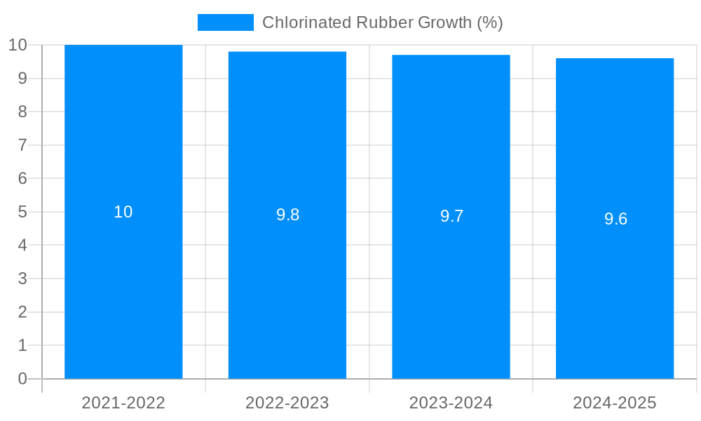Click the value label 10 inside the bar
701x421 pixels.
[x=123, y=212]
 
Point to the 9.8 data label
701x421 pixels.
[x=287, y=215]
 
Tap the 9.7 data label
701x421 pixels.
[x=451, y=217]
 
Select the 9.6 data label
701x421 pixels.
[x=615, y=219]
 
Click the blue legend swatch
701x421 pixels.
[x=225, y=22]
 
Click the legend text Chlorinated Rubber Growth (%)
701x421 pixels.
[x=383, y=22]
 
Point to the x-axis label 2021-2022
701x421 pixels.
[x=123, y=403]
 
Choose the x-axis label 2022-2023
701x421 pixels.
[x=287, y=403]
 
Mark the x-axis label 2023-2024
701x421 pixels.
[x=451, y=403]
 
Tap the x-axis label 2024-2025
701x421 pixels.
[x=615, y=403]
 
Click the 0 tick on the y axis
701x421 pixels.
[x=22, y=379]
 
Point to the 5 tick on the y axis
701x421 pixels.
[x=22, y=212]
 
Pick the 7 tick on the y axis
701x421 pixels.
[x=22, y=145]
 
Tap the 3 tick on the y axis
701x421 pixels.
[x=22, y=279]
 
